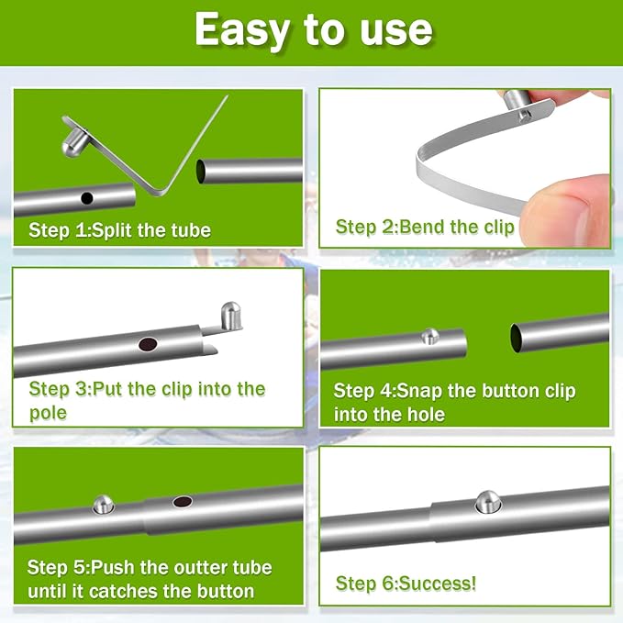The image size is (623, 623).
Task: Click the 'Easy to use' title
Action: click(x=313, y=30)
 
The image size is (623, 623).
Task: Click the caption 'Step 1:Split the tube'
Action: click(x=119, y=229)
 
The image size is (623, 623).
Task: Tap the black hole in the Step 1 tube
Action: click(x=86, y=198)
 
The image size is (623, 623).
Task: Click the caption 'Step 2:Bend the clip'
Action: click(x=425, y=226)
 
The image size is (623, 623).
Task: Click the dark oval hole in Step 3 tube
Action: click(x=147, y=345)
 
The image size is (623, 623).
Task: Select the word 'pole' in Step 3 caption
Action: click(x=48, y=413)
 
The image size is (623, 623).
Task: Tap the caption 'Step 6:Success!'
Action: click(x=406, y=584)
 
